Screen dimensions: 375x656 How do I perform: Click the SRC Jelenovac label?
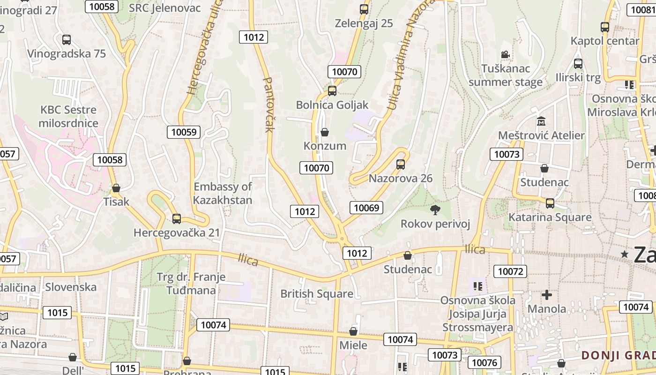click(164, 7)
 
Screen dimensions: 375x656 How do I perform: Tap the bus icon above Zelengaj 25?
click(364, 9)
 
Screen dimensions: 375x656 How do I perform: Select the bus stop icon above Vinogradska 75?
click(67, 40)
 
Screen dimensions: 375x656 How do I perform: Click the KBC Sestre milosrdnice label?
click(68, 117)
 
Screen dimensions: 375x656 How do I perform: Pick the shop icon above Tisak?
click(116, 188)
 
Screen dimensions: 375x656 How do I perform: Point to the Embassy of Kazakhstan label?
click(223, 193)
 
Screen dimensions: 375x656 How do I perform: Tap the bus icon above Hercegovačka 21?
click(177, 218)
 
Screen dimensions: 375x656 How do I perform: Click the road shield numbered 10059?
click(184, 132)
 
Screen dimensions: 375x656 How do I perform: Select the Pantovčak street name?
click(268, 105)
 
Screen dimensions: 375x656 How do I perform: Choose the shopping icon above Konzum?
click(325, 132)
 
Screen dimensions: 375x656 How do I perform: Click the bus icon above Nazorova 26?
click(400, 164)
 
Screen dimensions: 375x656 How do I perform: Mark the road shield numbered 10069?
click(366, 208)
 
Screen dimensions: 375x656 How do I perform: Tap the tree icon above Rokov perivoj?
click(435, 210)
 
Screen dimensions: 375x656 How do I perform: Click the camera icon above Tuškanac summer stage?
click(505, 55)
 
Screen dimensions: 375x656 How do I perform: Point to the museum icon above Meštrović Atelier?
click(541, 121)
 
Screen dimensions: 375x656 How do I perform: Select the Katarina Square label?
click(550, 217)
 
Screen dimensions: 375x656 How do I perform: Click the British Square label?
click(317, 294)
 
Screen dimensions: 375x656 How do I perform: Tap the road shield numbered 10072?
click(510, 271)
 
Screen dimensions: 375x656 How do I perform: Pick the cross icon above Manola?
click(546, 295)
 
